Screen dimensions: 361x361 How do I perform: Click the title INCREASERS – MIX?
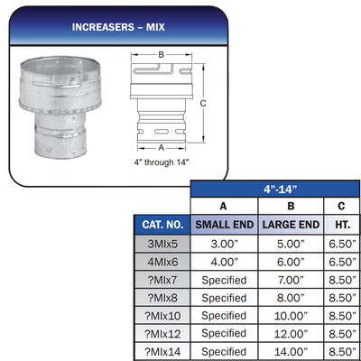[118, 27]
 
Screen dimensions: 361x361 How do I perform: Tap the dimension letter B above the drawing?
[162, 55]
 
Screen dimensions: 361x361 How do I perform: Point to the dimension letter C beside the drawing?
[203, 104]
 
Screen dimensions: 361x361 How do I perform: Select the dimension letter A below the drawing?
[162, 148]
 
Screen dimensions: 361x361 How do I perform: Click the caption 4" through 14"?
[162, 162]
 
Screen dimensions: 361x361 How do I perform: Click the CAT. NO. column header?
[162, 225]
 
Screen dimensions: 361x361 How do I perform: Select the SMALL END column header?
[225, 225]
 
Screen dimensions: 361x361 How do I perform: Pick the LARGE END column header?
[291, 225]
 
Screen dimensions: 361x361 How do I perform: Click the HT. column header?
[342, 225]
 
